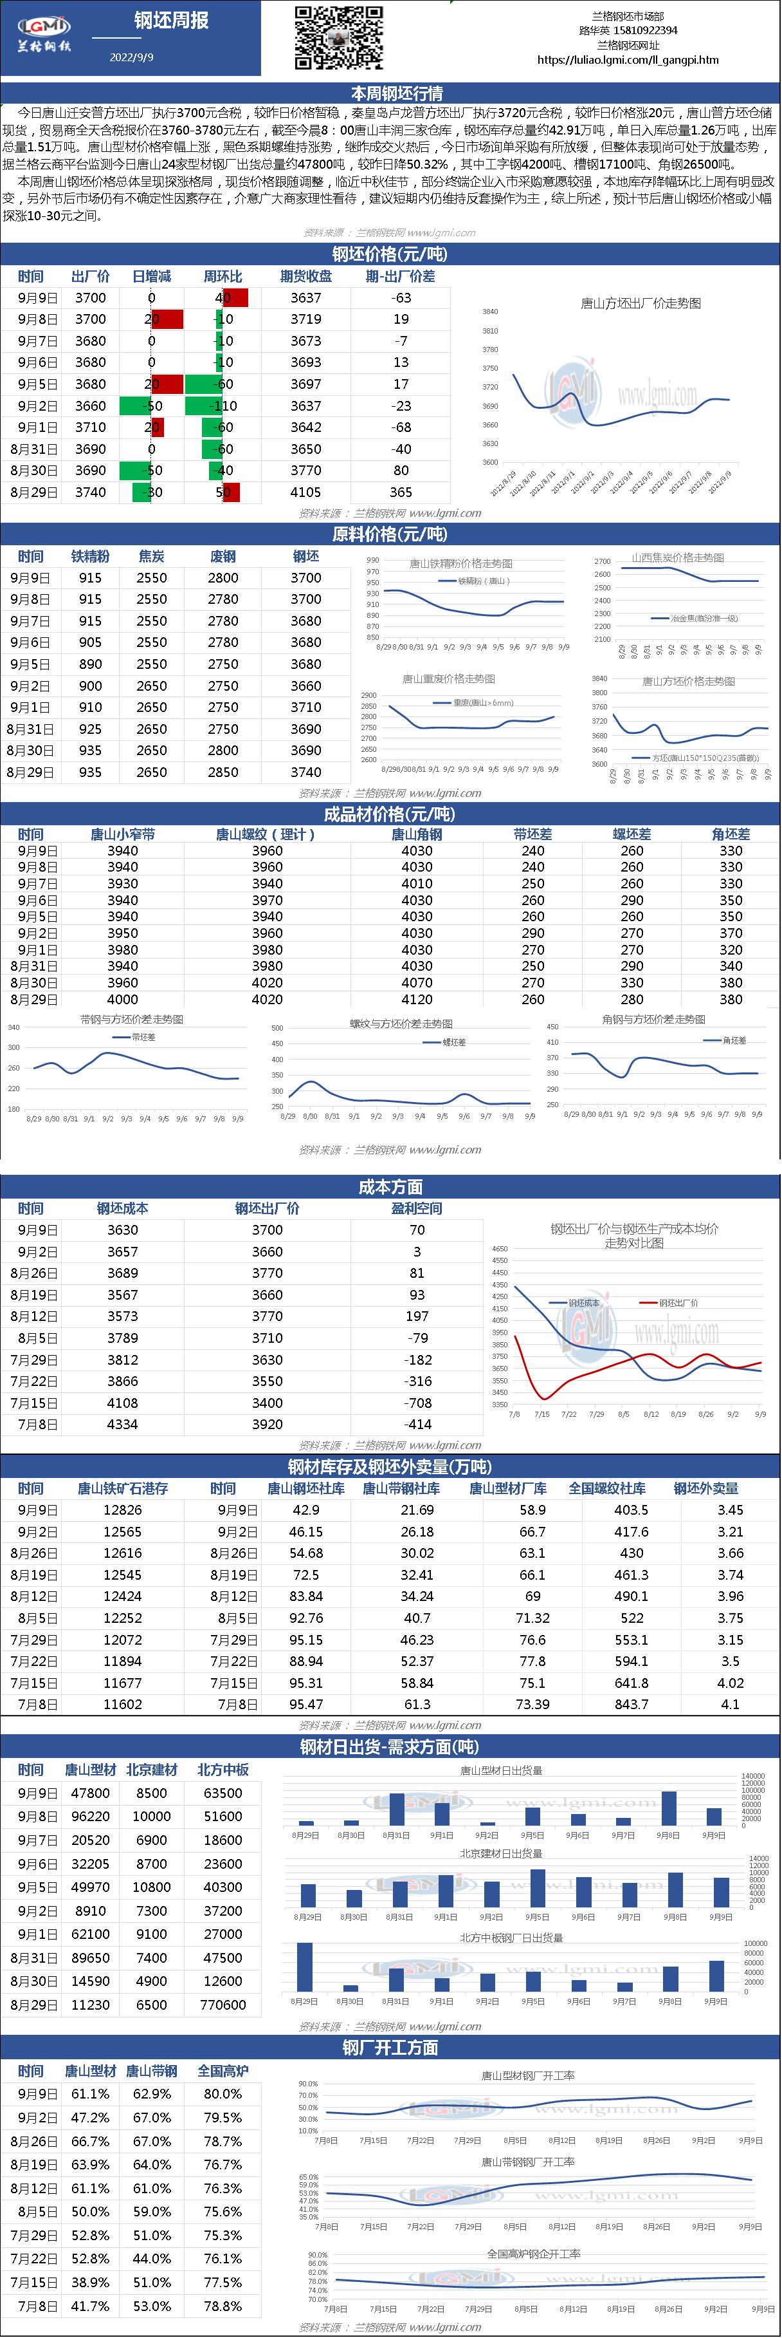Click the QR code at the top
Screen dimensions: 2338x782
[338, 37]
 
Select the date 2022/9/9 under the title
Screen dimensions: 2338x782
[132, 56]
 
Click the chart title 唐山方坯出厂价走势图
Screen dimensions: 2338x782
[641, 303]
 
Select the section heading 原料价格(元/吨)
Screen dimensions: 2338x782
[390, 534]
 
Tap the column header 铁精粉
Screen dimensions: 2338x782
[90, 556]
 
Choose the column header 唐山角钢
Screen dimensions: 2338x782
[416, 834]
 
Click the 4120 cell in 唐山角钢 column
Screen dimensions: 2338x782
[416, 999]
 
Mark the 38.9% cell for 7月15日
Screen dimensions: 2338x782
[90, 2277]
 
